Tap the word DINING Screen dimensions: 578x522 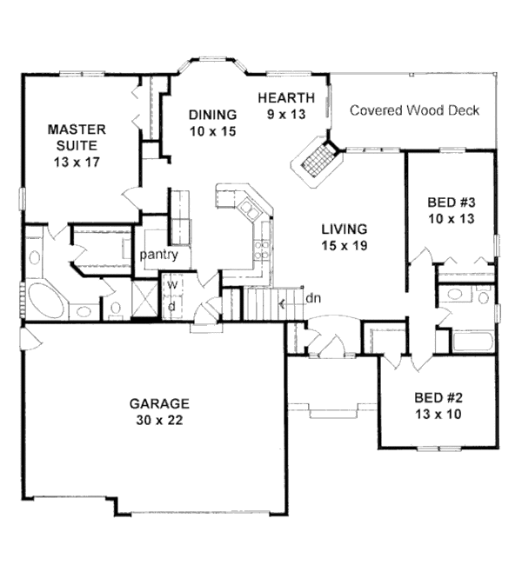click(212, 115)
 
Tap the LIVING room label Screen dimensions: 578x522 click(344, 229)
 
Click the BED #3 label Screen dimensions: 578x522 click(451, 203)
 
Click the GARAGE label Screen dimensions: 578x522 click(159, 403)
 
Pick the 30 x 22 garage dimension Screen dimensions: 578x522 click(159, 420)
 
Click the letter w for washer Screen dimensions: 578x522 click(171, 284)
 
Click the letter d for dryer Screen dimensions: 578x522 click(171, 305)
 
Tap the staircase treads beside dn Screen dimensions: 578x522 click(260, 303)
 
